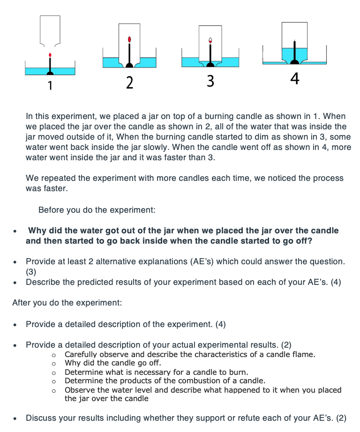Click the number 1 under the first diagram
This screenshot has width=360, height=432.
click(50, 85)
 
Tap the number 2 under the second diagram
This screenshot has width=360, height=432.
click(130, 83)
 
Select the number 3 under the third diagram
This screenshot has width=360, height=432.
click(210, 82)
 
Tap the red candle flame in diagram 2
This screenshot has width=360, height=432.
click(130, 39)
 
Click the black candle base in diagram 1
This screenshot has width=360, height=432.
click(50, 72)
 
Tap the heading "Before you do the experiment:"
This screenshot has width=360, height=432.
click(97, 210)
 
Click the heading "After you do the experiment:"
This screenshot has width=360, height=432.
click(67, 303)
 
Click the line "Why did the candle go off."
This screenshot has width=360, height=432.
click(113, 363)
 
